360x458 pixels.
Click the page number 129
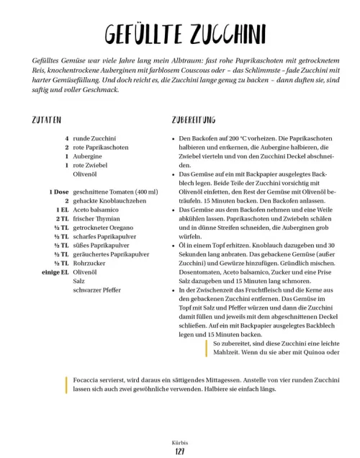click(180, 451)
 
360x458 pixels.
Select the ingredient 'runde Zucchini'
click(95, 138)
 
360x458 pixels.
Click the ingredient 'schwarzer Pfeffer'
click(97, 290)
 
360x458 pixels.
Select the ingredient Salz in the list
click(79, 282)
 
